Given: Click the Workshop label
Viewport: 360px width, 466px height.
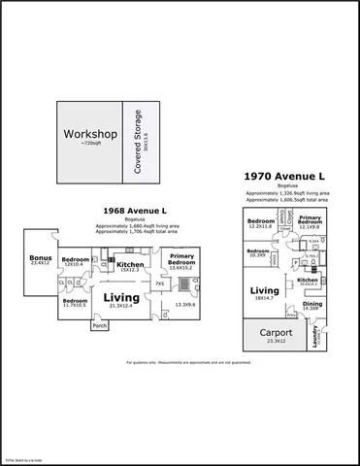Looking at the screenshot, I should (x=89, y=133).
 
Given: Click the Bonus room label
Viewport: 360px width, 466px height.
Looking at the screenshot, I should (x=39, y=258).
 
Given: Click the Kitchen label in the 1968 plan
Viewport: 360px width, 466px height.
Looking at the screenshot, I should (x=130, y=265).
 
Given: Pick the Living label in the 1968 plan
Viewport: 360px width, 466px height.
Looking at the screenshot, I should (x=122, y=298).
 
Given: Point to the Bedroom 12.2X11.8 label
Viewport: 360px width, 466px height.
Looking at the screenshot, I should (x=260, y=223).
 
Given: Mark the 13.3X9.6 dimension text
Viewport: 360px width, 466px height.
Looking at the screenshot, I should (x=186, y=305).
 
